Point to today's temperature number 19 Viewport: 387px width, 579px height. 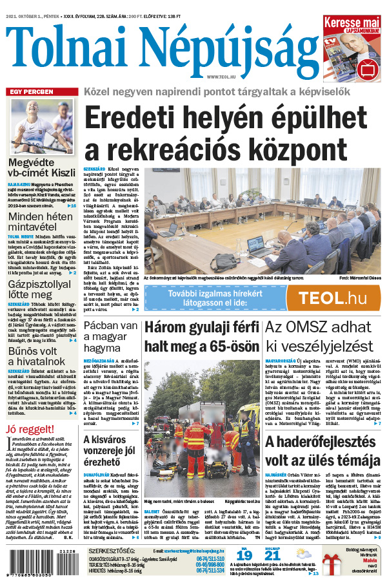(243, 555)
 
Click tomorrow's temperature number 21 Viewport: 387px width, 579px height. (273, 555)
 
